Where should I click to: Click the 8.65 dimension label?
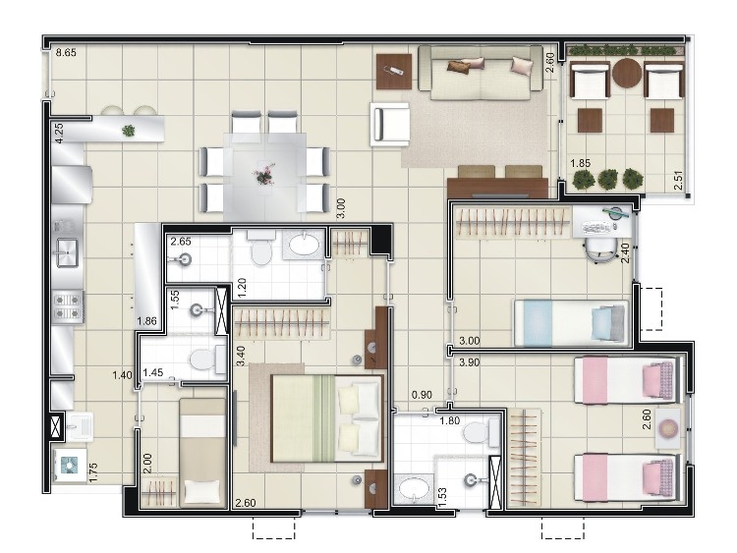(66, 53)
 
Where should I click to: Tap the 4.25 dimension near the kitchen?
(59, 133)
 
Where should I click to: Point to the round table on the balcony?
(627, 73)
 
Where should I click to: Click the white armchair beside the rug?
(390, 124)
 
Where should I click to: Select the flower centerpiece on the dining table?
(264, 175)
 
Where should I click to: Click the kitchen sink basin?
(67, 252)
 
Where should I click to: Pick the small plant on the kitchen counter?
(129, 131)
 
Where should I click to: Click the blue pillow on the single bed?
(602, 322)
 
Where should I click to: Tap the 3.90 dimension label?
(469, 362)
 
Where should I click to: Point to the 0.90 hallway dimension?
(422, 395)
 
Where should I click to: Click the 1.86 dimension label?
(146, 321)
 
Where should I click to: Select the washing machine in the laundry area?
(70, 466)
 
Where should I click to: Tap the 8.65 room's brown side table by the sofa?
(394, 72)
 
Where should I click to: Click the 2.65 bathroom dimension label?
(181, 242)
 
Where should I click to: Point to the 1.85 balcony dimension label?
(581, 163)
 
